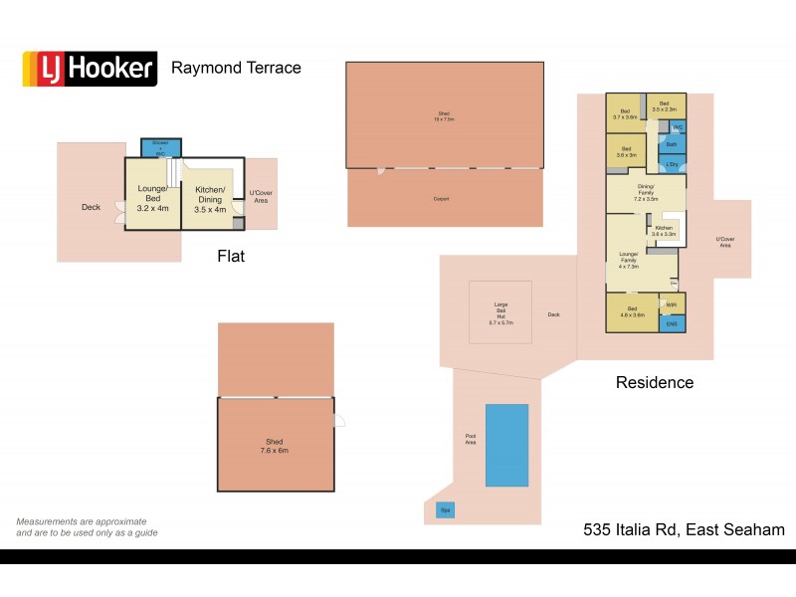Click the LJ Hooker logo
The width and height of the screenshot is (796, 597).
click(x=90, y=68)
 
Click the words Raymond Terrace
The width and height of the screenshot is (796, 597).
click(x=236, y=68)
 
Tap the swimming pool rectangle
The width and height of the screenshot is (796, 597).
click(x=506, y=445)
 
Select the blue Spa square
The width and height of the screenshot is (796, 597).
click(x=444, y=511)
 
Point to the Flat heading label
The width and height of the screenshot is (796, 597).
click(x=231, y=257)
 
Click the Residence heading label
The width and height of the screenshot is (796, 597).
click(x=654, y=382)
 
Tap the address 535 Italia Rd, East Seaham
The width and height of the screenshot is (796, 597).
click(x=684, y=530)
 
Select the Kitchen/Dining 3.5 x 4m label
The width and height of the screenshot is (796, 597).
click(x=210, y=200)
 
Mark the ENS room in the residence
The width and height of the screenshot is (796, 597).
click(x=672, y=323)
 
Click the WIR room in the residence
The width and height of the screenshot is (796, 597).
click(x=672, y=304)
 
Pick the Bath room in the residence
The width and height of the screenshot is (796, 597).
click(x=672, y=144)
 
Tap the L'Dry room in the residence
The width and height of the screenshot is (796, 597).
click(x=672, y=164)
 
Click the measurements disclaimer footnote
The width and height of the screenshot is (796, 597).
click(x=87, y=526)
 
